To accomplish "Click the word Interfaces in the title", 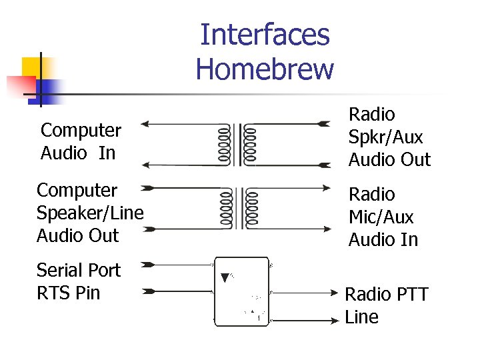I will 265,35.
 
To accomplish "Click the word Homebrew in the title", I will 265,68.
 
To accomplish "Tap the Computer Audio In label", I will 81,141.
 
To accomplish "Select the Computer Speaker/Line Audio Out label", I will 90,213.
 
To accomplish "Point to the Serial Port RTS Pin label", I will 79,281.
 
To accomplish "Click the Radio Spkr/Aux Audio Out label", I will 389,137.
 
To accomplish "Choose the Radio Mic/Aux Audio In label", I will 383,217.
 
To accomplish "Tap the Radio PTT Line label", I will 386,305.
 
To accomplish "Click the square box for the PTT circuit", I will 241,291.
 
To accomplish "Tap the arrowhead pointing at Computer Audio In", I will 147,124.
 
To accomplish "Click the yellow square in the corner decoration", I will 33,69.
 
